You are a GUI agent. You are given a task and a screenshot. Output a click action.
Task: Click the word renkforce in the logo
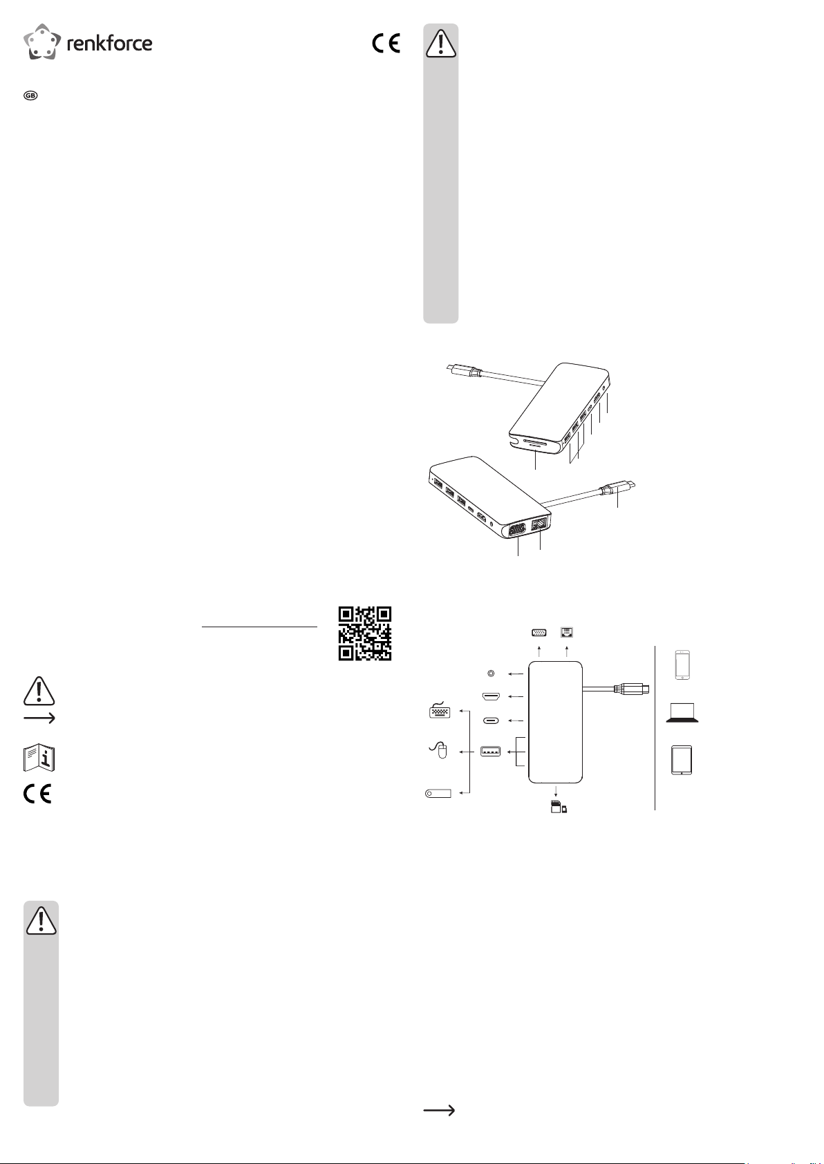point(110,43)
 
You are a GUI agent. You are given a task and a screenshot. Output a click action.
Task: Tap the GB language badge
point(30,95)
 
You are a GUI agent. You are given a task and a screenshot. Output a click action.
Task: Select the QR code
point(365,633)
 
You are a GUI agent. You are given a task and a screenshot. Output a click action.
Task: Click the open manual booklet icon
point(39,758)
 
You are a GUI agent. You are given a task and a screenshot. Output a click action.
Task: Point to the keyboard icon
point(440,710)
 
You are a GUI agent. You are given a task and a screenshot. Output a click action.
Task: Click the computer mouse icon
point(439,750)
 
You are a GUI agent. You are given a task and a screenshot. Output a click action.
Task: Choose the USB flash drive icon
point(438,794)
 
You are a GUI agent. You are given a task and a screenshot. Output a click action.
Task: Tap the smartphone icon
point(682,665)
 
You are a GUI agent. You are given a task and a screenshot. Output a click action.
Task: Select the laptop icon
point(682,712)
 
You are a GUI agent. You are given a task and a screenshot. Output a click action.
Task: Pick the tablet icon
point(682,761)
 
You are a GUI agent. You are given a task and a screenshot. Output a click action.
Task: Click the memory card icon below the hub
point(559,807)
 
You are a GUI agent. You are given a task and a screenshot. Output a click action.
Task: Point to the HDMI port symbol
point(491,696)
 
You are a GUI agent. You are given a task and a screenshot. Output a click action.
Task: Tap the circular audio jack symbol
point(491,674)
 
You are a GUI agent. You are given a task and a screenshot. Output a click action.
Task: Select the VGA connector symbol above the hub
point(539,632)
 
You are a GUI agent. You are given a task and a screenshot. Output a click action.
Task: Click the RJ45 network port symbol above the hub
point(567,632)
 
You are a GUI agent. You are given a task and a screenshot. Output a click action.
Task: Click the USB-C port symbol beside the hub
point(491,721)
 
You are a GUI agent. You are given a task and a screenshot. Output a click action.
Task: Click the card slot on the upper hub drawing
point(536,443)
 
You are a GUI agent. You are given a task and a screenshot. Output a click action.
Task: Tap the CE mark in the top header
point(386,43)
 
